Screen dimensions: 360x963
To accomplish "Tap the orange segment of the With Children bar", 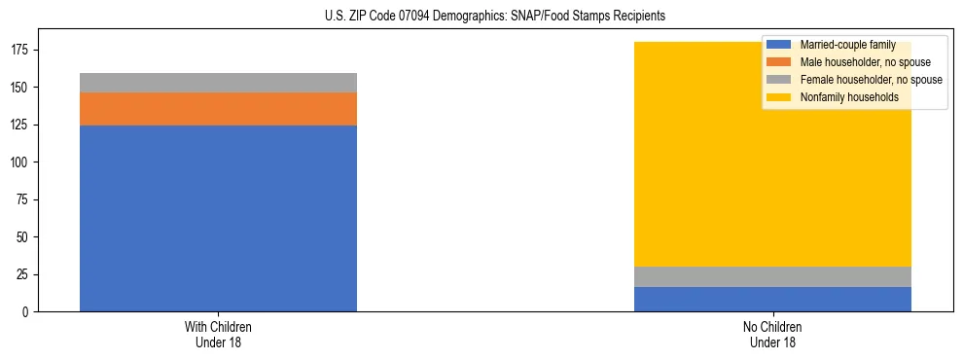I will [218, 109].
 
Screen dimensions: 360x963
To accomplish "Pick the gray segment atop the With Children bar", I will [218, 83].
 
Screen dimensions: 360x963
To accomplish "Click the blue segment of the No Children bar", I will [772, 299].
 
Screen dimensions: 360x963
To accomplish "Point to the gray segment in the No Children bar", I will [772, 276].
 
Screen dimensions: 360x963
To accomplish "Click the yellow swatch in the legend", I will [780, 97].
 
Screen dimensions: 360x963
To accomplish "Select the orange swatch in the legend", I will [780, 62].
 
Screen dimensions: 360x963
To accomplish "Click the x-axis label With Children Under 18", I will [218, 334].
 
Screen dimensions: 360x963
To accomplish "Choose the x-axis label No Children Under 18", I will [772, 334].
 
